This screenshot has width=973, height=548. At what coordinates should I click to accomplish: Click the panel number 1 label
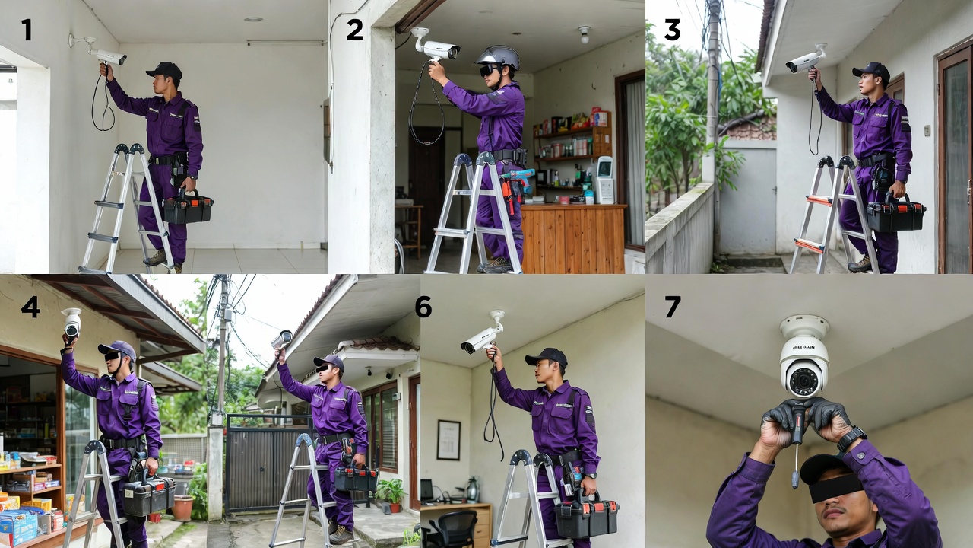(27, 30)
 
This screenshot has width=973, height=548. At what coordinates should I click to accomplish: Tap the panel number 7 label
(672, 306)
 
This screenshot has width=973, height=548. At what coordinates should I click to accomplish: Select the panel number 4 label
(30, 306)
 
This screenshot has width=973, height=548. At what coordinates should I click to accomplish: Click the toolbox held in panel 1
(188, 208)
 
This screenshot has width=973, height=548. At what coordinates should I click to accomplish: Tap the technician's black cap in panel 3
(872, 70)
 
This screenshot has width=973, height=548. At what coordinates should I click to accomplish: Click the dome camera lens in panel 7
(803, 378)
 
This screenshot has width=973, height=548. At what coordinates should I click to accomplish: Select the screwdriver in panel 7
(796, 445)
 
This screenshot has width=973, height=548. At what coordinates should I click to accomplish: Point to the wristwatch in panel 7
(851, 438)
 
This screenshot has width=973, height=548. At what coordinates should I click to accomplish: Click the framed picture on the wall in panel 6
(448, 439)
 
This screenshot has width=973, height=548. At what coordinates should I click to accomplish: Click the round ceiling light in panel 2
(583, 33)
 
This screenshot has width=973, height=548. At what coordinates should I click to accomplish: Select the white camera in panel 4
(71, 323)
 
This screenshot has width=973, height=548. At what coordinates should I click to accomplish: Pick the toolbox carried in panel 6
(586, 516)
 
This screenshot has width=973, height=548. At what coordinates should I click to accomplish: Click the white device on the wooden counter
(604, 180)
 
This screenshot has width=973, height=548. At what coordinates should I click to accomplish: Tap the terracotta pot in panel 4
(182, 508)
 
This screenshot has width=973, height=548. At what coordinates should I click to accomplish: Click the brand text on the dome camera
(803, 347)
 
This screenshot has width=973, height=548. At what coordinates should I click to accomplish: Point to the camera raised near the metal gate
(282, 339)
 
